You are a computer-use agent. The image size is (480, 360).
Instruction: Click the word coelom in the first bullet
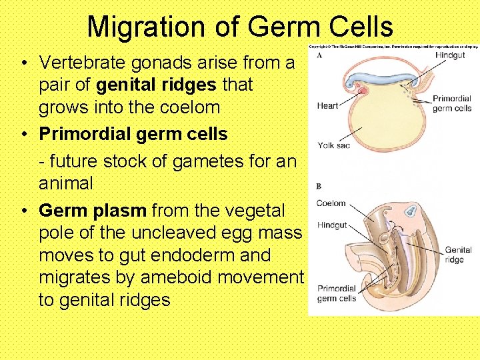click(194, 107)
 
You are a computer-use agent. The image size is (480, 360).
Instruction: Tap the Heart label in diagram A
click(327, 105)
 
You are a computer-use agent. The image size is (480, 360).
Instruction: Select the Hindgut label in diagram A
click(450, 55)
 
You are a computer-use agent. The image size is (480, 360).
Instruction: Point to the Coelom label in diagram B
click(331, 203)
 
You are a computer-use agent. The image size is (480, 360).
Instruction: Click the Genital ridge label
click(458, 255)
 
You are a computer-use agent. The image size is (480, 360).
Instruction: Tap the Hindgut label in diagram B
click(331, 225)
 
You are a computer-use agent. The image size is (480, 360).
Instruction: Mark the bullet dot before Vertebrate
click(23, 63)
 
